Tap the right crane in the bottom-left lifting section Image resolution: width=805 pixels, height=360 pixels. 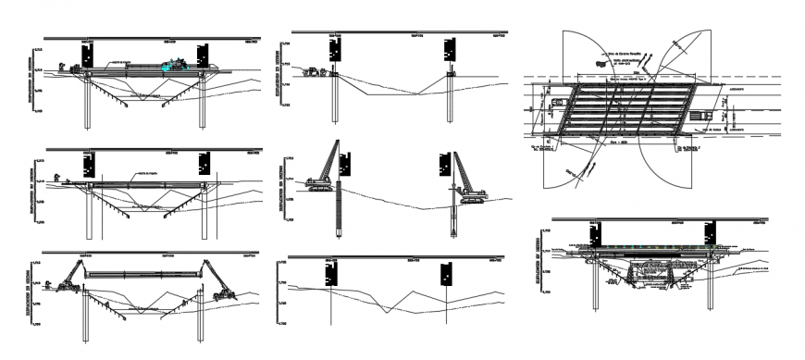pyautogui.click(x=219, y=281)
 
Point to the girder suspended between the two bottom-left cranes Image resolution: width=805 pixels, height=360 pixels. pyautogui.click(x=144, y=274)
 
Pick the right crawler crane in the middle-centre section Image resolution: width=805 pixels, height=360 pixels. pyautogui.click(x=468, y=181)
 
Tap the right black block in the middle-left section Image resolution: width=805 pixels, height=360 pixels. pyautogui.click(x=204, y=164)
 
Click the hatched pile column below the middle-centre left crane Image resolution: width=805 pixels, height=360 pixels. pyautogui.click(x=338, y=213)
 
